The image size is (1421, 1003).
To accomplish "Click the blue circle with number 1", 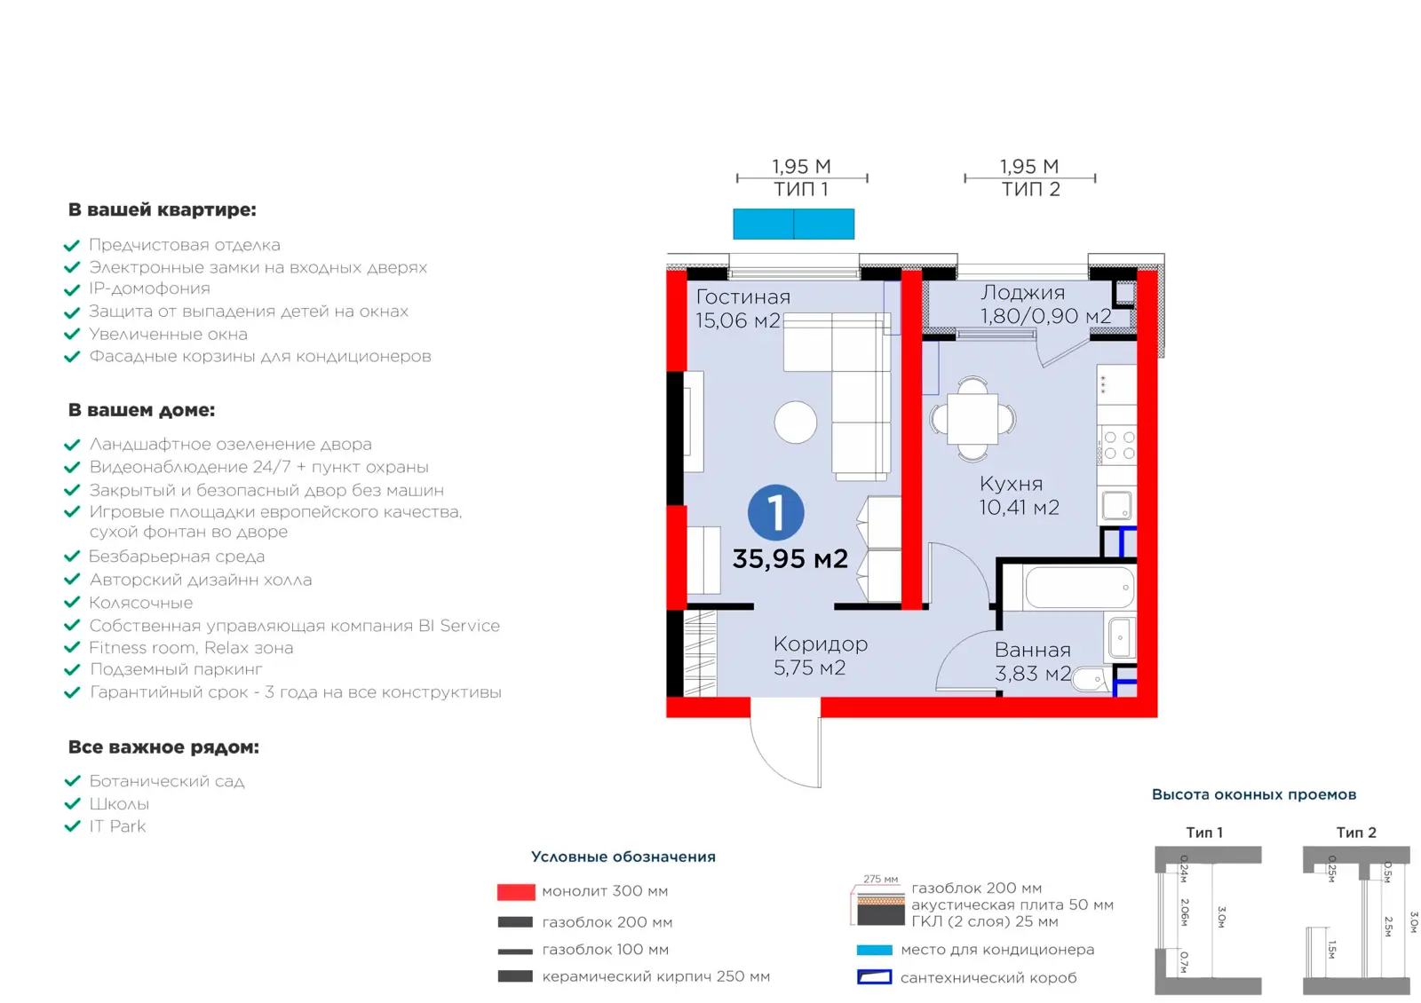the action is (x=775, y=512).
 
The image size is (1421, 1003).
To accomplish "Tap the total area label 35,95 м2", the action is (x=790, y=558).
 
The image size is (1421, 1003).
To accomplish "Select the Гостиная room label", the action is (x=742, y=296).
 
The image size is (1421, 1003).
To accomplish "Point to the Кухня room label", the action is (x=1012, y=484).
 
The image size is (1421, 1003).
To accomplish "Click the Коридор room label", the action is (x=821, y=644).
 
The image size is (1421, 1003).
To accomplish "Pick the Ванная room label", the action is (x=1032, y=650).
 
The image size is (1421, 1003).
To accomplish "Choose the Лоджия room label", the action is (x=1022, y=292).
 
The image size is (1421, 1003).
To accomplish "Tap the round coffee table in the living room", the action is (x=795, y=422).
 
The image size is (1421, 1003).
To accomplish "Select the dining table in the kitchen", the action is (x=972, y=418).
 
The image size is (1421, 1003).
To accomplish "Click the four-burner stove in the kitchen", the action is (x=1118, y=445).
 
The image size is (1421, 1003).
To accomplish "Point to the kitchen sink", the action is (x=1116, y=506).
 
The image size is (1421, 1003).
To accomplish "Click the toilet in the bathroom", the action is (x=1092, y=680).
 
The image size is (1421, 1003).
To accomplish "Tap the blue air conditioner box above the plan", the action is (x=794, y=224).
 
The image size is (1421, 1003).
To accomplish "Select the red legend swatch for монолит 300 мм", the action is (x=516, y=892).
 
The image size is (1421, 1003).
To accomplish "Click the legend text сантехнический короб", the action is (x=988, y=977).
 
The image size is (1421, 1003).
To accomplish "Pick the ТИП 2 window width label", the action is (x=1030, y=190).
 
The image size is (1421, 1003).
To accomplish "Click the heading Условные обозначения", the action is (x=623, y=857).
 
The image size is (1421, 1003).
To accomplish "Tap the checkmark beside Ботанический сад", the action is (x=72, y=780).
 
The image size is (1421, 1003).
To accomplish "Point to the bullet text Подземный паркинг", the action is (x=176, y=669).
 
